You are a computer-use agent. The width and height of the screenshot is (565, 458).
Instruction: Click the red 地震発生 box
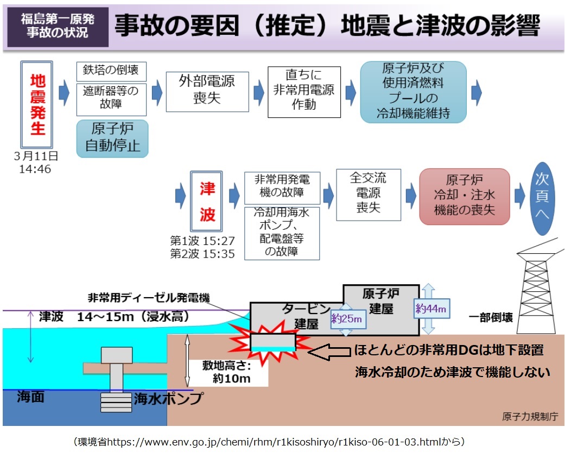(37, 105)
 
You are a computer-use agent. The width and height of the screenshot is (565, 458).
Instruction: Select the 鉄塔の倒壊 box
(111, 71)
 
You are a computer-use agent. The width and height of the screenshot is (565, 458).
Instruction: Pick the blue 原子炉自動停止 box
(112, 139)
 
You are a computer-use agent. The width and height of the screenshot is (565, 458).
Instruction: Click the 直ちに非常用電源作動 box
(304, 91)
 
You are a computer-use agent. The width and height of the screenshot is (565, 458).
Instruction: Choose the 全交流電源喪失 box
(369, 194)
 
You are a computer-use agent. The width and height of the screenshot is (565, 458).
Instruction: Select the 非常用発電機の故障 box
(282, 187)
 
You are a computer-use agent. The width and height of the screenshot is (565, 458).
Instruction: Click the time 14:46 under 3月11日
(36, 168)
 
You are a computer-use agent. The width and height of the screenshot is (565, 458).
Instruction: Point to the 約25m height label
(347, 319)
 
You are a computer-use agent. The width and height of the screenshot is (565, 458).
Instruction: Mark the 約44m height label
(431, 309)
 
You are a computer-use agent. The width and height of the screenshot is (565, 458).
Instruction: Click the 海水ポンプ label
(168, 399)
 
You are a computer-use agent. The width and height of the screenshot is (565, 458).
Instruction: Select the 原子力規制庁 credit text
(529, 417)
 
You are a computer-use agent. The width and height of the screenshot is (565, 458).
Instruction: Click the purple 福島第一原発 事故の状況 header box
(58, 26)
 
